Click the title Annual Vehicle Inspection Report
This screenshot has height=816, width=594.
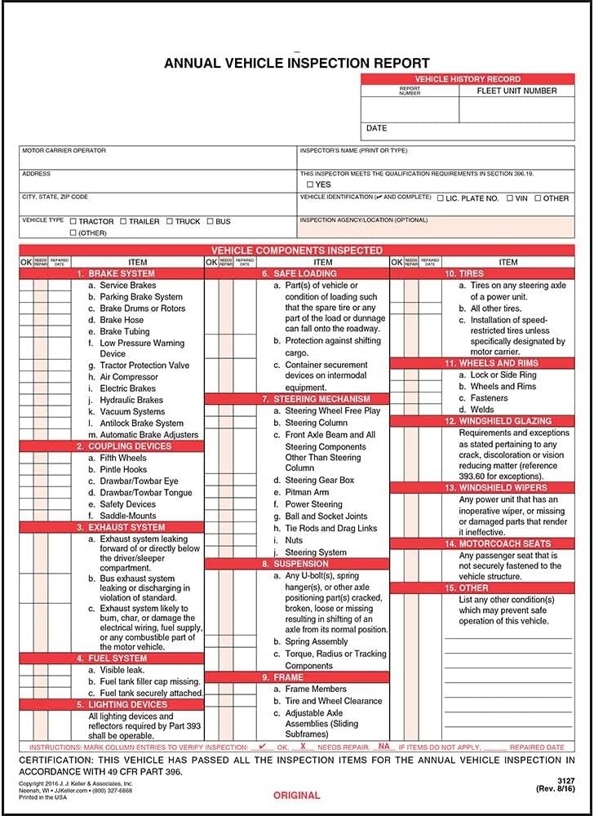297,63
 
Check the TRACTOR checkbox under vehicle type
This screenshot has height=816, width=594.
73,221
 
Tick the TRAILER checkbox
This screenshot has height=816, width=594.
123,221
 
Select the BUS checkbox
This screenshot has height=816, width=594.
210,221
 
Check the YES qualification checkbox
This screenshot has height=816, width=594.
310,185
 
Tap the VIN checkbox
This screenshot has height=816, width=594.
510,198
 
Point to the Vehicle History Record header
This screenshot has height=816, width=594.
467,79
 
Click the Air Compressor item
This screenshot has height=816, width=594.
128,377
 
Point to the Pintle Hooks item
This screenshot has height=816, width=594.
123,470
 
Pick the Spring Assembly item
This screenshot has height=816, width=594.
317,641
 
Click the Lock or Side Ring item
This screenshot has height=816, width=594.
503,375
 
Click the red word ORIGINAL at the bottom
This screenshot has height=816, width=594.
296,796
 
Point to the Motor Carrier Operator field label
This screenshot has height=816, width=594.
64,151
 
